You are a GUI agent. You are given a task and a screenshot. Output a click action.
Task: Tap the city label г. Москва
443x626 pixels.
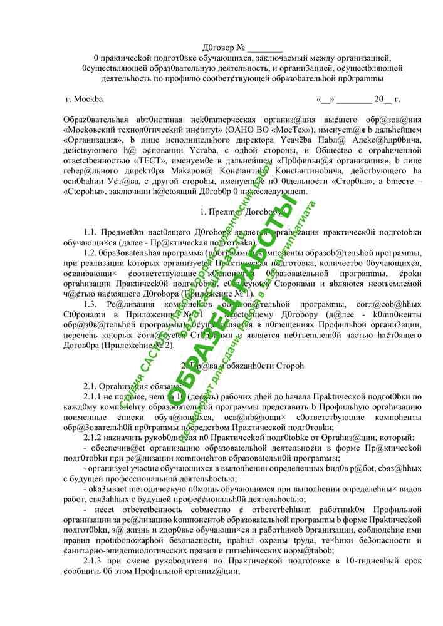click(x=84, y=99)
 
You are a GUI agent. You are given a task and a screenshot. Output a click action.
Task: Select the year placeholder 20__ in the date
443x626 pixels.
click(x=382, y=100)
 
